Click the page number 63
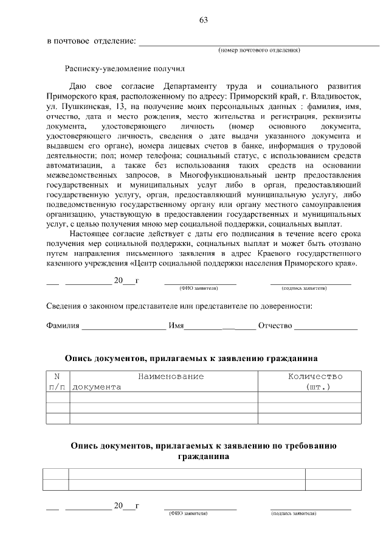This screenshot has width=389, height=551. coord(204,21)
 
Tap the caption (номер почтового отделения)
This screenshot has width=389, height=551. coord(259,50)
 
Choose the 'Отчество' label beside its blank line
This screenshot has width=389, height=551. coord(275,326)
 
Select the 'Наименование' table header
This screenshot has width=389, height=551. coord(170,377)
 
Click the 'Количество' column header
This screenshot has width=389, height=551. coord(315,377)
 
